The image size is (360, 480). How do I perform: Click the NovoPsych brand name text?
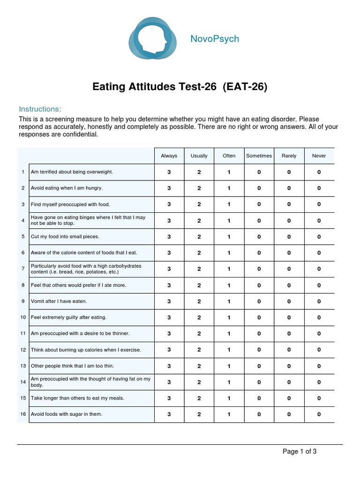pos(215,39)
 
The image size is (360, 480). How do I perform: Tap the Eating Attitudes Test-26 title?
pos(180,87)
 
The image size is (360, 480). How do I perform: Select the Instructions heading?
pos(40,109)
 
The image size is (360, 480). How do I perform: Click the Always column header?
pos(169,156)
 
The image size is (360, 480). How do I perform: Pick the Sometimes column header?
pos(259,156)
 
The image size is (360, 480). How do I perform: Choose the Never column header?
pos(319,156)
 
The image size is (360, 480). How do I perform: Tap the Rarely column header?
pos(289,156)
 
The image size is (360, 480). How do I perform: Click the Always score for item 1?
pos(169,172)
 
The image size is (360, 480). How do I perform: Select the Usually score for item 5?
pos(199,237)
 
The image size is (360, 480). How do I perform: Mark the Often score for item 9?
pos(229,301)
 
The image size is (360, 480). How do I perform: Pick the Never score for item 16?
pos(319,414)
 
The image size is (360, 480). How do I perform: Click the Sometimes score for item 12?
pos(259,350)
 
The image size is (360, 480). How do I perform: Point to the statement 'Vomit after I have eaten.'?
pos(59,301)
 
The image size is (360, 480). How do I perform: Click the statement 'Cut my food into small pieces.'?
pos(65,237)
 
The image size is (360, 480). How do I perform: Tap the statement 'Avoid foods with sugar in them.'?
pos(66,414)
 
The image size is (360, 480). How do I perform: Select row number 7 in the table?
pos(23,269)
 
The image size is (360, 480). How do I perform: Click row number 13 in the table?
pos(23,366)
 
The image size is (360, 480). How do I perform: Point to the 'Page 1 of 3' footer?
pos(300,452)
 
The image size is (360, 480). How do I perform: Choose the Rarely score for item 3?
pos(289,204)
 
